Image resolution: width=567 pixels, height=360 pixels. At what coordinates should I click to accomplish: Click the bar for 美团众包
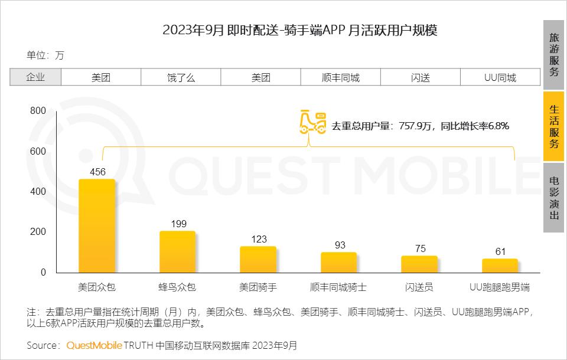[97, 226]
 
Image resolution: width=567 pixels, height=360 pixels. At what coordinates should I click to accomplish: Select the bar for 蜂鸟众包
[177, 252]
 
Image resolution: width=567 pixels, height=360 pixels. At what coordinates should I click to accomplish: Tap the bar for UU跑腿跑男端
[500, 266]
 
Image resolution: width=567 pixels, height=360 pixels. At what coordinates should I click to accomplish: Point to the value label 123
[259, 239]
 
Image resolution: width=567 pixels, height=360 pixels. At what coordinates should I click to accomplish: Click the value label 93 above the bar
[340, 245]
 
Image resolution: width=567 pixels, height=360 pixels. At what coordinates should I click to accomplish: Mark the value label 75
[420, 248]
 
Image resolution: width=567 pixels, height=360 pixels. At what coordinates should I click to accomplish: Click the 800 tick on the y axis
[38, 111]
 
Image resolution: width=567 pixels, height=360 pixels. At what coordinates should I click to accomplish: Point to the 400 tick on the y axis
[38, 192]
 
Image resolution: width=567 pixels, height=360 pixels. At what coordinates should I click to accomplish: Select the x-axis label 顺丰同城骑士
[338, 287]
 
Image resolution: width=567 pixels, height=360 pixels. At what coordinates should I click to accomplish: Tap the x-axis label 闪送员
[419, 287]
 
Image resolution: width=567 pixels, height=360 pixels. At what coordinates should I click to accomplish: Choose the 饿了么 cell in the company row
[181, 77]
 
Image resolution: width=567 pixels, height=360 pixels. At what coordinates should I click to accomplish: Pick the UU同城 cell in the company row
[500, 77]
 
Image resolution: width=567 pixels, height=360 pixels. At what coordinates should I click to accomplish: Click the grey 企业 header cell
[35, 77]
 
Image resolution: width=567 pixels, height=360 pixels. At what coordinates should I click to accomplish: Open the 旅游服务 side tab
[554, 55]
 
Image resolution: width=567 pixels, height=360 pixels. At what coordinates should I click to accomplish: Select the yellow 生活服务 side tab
[554, 126]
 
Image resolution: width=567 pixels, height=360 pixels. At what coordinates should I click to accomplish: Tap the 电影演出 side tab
[554, 198]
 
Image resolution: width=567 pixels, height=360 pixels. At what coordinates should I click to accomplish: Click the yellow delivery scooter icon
[312, 120]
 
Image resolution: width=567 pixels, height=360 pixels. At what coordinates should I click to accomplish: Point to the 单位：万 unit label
[45, 55]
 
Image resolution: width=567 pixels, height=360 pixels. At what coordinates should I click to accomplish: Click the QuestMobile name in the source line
[94, 345]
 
